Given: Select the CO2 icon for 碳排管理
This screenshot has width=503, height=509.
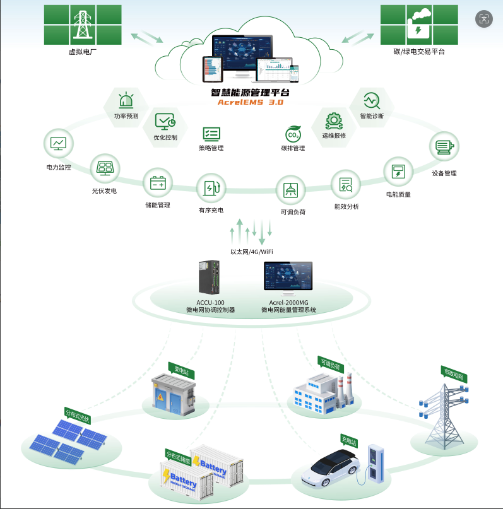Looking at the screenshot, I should pos(293,134).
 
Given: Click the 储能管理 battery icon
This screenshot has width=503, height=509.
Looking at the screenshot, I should pos(157,184).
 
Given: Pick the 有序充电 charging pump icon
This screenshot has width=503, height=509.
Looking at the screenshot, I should pos(211,188).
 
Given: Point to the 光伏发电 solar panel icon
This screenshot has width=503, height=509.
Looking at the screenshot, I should pos(105,168).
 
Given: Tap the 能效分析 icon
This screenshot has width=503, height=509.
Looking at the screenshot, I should pos(346,184).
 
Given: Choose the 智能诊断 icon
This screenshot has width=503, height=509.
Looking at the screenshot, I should pos(371,100).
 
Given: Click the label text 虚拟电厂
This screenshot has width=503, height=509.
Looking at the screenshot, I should pos(83,52).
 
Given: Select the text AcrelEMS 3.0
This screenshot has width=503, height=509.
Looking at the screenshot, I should pos(251,102).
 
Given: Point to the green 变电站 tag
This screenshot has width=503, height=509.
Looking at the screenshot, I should pos(180,366).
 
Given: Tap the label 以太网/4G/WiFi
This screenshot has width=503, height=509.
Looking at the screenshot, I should pos(251,252).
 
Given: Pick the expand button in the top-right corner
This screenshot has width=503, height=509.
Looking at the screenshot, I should pos(484,19).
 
